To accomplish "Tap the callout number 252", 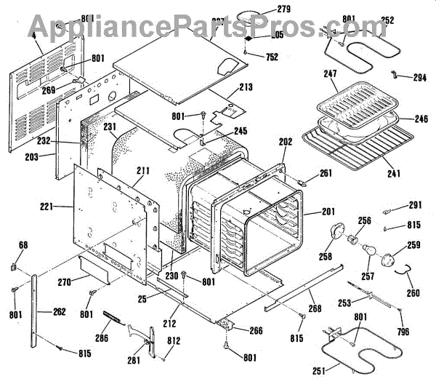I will click(388, 20).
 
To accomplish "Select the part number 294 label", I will click(419, 77).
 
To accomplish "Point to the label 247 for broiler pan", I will click(331, 74).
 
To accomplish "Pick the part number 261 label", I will click(326, 173).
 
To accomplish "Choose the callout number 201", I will click(328, 212).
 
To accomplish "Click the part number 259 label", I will click(413, 245).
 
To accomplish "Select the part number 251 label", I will click(318, 372).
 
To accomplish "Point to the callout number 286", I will click(102, 338).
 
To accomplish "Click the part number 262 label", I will click(59, 312).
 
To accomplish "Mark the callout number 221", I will click(48, 207).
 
